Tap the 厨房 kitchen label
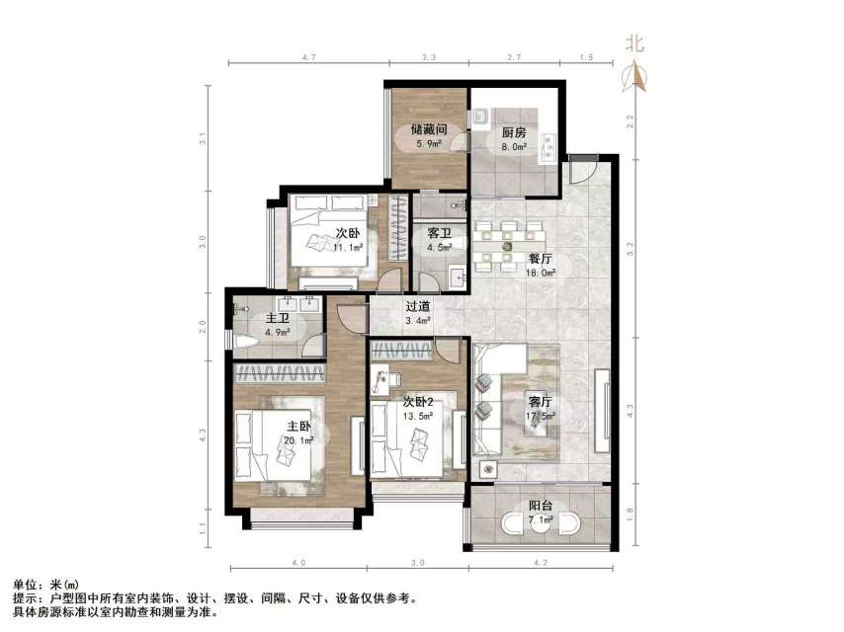click(513, 133)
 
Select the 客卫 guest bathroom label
click(440, 234)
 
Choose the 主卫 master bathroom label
click(278, 319)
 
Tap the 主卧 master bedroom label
click(298, 428)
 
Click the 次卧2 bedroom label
click(418, 402)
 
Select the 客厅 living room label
click(540, 402)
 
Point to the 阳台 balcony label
click(541, 507)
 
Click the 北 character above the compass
click(635, 43)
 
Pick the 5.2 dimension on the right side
click(631, 242)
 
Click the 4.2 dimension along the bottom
click(541, 562)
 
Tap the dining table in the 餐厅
click(508, 243)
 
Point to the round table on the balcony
click(540, 521)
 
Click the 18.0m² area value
click(540, 270)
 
